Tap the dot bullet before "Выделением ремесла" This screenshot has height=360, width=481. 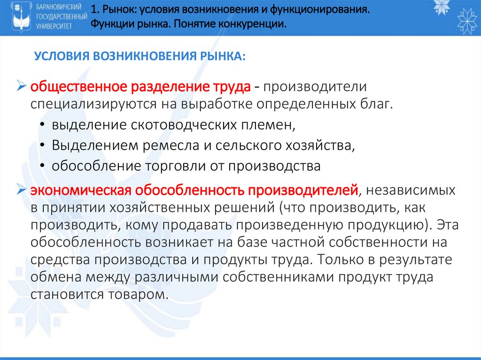pyautogui.click(x=43, y=146)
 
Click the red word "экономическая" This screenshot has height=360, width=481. pyautogui.click(x=81, y=191)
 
